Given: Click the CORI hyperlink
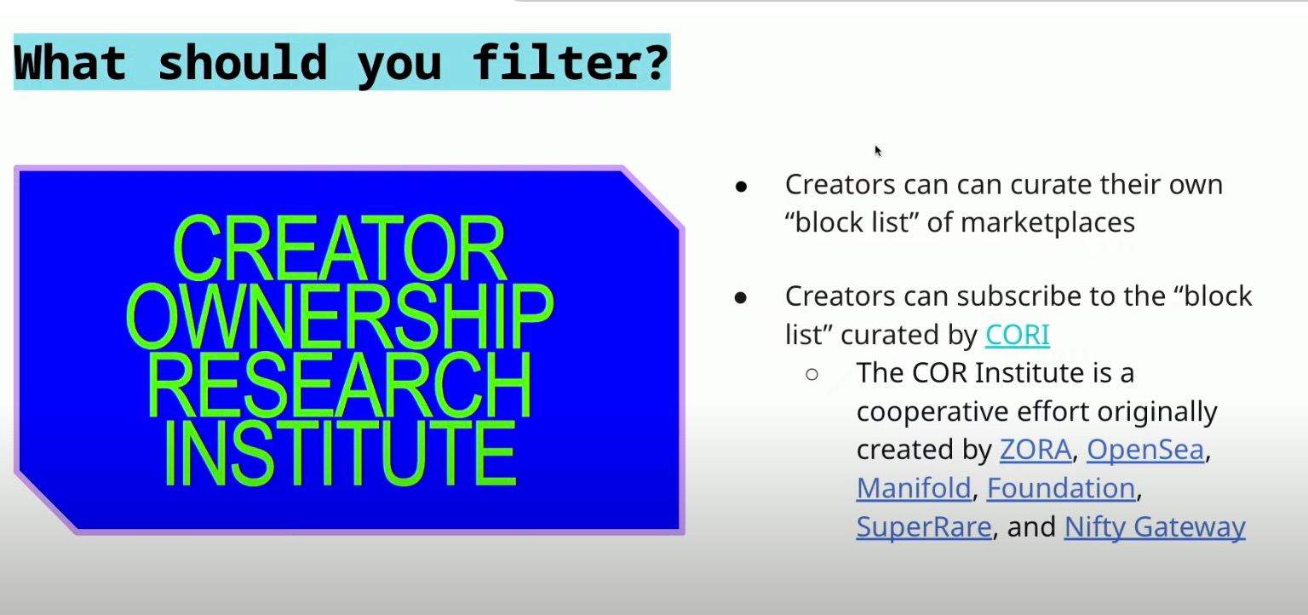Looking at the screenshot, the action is [1018, 335].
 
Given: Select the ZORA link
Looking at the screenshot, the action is [1035, 450].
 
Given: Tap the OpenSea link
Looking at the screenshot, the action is [1145, 450].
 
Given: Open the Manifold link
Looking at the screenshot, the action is [914, 488].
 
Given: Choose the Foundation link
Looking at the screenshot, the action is [1061, 488].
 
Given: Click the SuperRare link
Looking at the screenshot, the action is [924, 526].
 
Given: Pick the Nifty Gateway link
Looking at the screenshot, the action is [1155, 527].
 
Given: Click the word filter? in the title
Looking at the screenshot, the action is [570, 62].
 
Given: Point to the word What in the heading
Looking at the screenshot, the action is [70, 62].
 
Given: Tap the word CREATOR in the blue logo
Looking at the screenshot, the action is [339, 248].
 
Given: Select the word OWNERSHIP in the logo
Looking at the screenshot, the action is [340, 316].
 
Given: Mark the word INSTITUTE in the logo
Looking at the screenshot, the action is [340, 453].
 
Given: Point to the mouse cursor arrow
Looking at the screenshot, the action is [878, 151].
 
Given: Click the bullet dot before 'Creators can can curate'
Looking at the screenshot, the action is [741, 187].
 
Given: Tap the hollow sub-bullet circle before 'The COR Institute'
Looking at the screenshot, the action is [812, 374].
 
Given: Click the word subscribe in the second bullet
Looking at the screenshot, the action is [1019, 296].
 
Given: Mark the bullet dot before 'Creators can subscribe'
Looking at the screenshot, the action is [741, 298].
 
